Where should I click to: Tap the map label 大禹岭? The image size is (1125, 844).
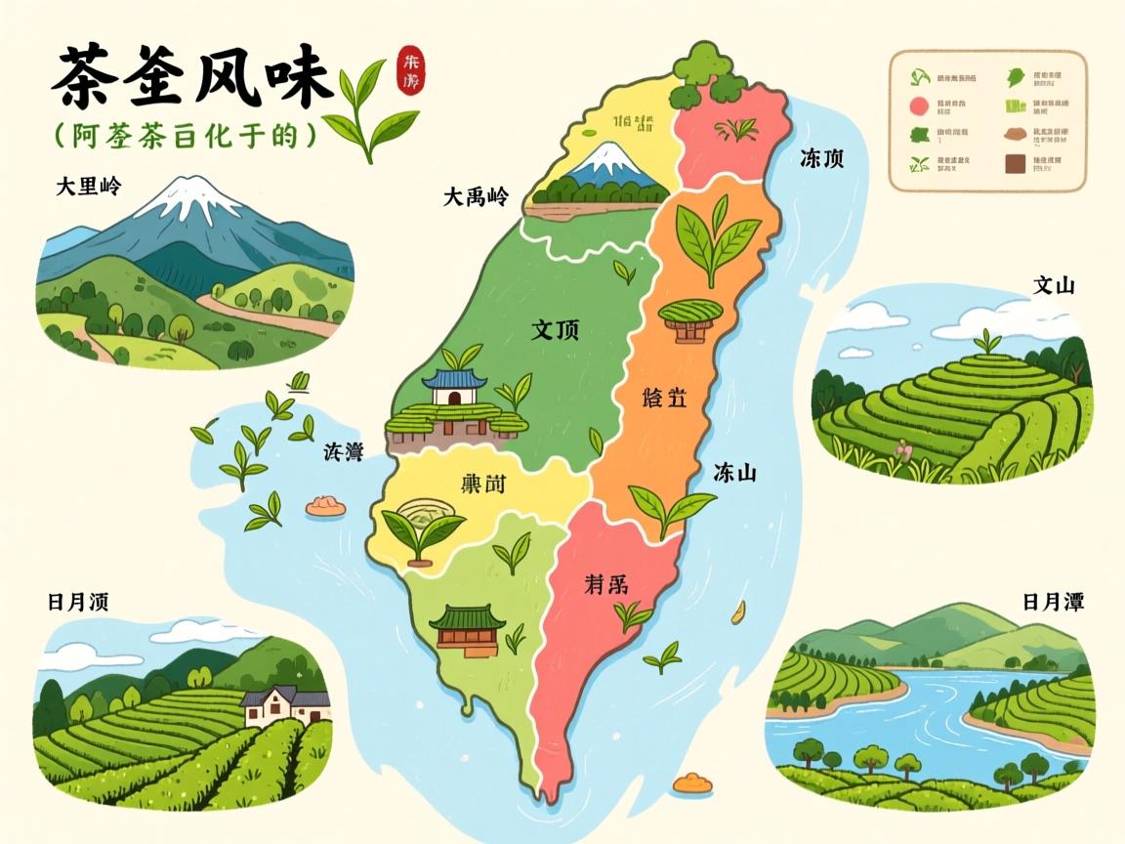(x=476, y=196)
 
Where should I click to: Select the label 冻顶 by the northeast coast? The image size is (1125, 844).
(x=821, y=158)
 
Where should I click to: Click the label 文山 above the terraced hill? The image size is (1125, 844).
(x=1054, y=285)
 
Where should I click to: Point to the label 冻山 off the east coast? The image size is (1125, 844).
(x=735, y=473)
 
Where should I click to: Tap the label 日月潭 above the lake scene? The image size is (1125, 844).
(x=1054, y=601)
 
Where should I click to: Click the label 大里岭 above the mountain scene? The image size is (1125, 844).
(x=94, y=186)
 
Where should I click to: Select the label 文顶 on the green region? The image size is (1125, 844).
(x=555, y=329)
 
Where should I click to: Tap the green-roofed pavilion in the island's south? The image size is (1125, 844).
(x=468, y=626)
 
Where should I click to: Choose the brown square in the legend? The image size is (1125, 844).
(x=1013, y=165)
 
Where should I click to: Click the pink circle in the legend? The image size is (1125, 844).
(x=918, y=106)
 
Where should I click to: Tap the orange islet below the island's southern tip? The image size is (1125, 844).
(x=692, y=782)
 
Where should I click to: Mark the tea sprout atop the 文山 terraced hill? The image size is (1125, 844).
(x=988, y=342)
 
